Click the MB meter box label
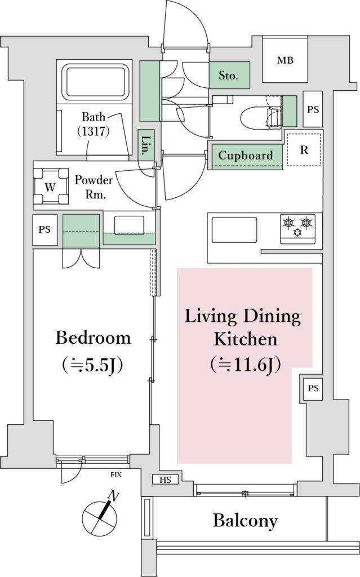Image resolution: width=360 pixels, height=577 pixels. point(285,60)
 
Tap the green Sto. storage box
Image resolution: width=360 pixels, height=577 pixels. point(230,75)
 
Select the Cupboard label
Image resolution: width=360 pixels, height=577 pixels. point(246,155)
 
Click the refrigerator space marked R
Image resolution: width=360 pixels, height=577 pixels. point(304,149)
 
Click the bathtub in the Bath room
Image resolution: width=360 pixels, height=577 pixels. point(95,83)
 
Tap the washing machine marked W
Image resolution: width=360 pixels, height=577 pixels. point(51,187)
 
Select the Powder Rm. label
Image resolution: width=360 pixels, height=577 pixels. point(94,187)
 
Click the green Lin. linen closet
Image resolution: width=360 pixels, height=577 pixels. point(146,145)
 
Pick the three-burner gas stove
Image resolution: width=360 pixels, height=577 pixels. point(298,229)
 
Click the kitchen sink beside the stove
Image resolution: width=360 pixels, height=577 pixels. point(234,230)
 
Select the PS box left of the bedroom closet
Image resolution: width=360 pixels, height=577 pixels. point(45,230)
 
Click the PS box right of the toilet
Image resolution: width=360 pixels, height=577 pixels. point(313,109)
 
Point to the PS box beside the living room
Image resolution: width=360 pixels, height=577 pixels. point(313,388)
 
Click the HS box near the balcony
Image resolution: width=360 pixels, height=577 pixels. point(166,480)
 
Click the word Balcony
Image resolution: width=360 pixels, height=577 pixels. point(245,521)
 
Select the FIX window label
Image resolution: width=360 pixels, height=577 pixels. point(116,474)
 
